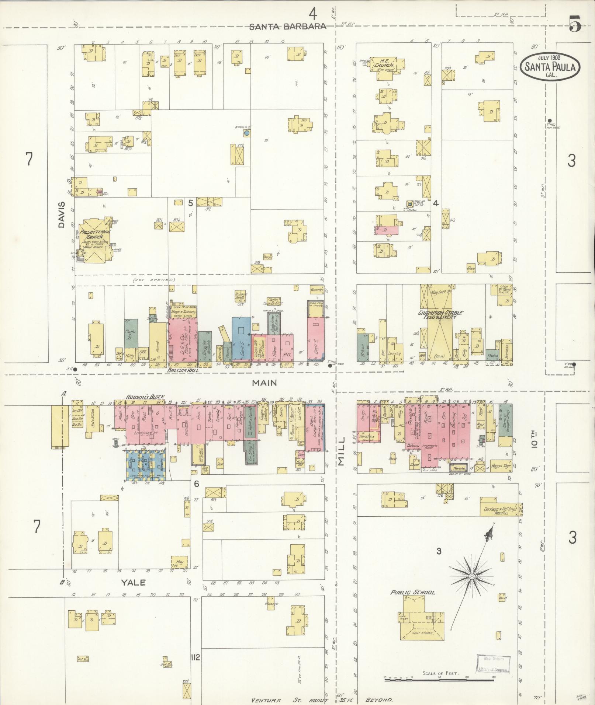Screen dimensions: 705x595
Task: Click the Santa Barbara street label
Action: coord(288,27)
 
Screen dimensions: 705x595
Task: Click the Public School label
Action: coord(412,593)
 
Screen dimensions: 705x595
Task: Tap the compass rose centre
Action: coord(472,576)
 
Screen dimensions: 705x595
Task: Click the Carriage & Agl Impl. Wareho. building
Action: coord(501,510)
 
